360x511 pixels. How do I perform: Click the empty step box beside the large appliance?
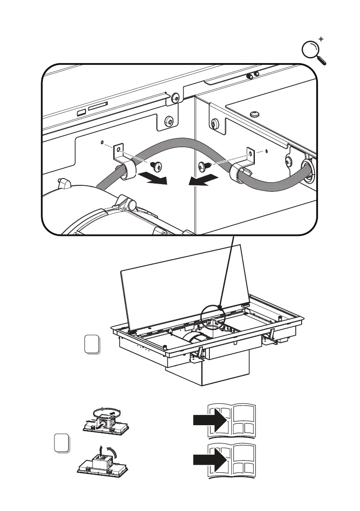click(92, 345)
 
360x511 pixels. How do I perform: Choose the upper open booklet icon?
click(231, 420)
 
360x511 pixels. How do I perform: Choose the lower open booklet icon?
click(231, 461)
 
